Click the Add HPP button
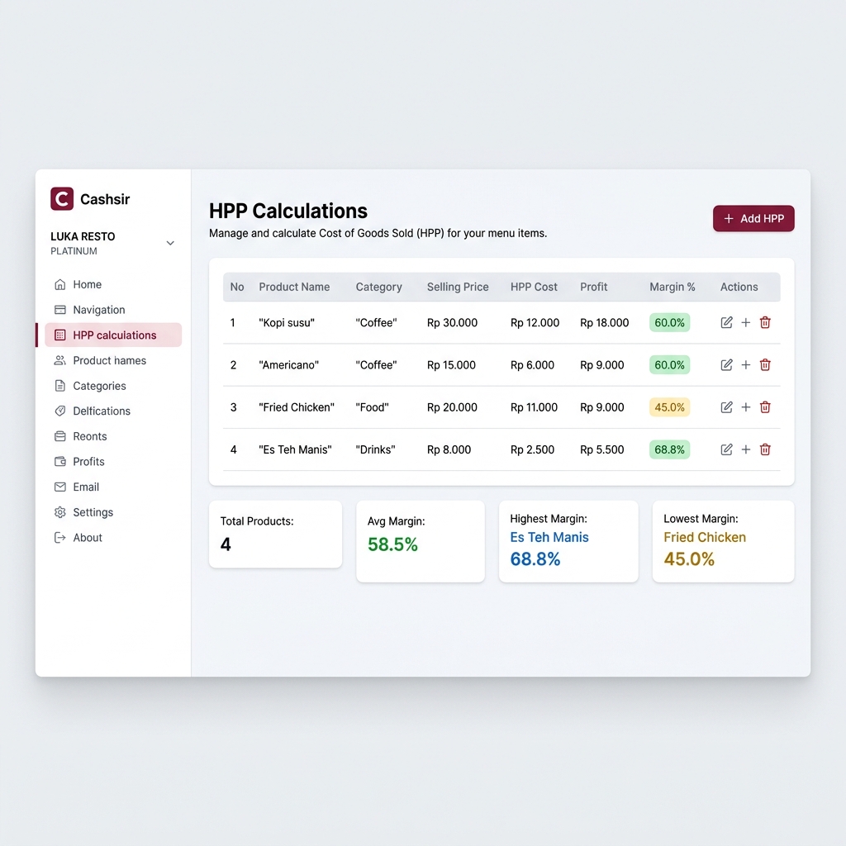753,218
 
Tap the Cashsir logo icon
62,198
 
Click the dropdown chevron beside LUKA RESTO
170,244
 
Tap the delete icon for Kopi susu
765,323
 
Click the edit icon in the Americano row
726,364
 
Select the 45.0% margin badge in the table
669,407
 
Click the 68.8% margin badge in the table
669,449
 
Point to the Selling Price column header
458,287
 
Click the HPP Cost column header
534,287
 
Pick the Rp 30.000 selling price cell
452,323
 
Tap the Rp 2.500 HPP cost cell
532,449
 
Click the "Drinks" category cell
375,449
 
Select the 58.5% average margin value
392,544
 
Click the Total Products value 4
226,544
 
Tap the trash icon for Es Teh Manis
765,449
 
